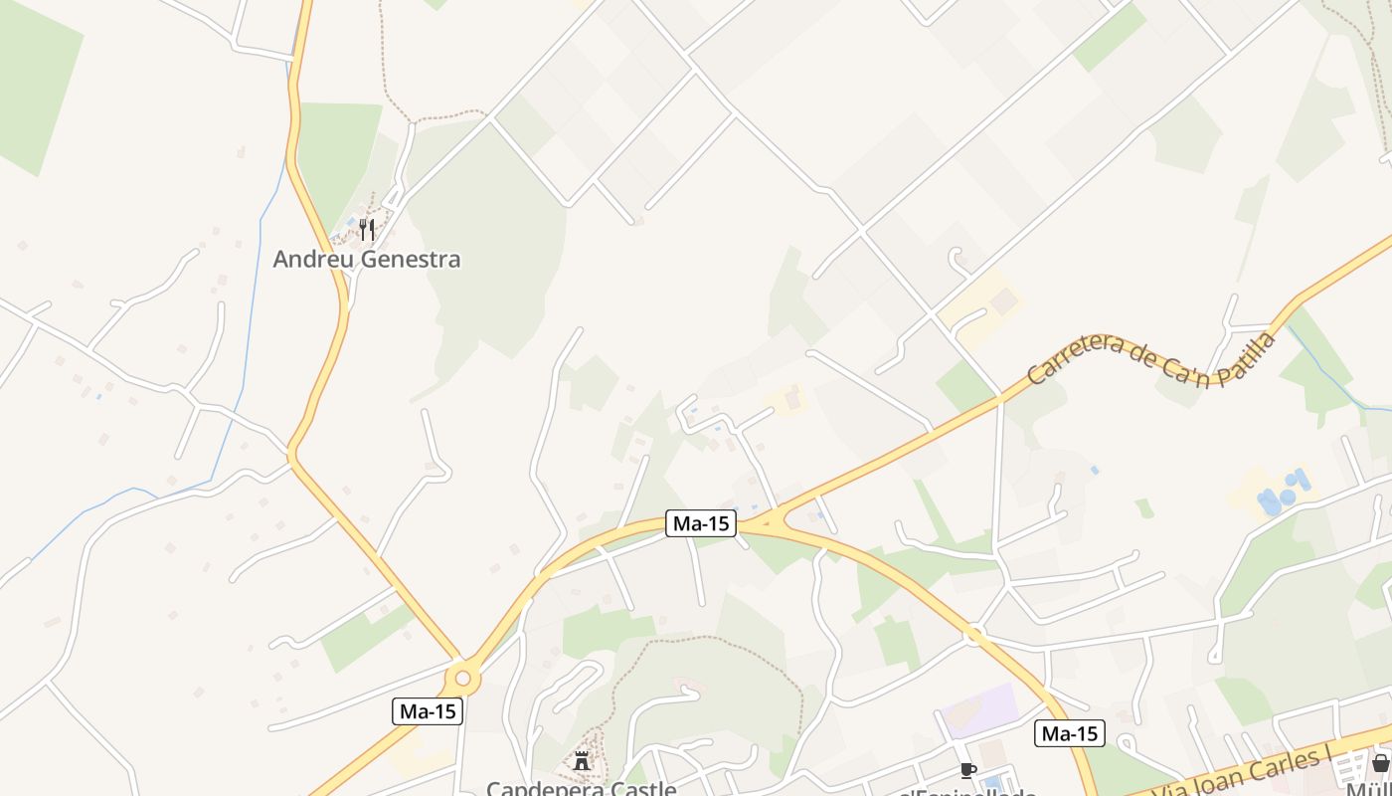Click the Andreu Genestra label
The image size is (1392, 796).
(367, 260)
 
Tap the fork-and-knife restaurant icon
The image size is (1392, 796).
(367, 231)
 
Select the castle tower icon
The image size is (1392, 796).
(582, 761)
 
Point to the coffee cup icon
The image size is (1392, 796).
(967, 769)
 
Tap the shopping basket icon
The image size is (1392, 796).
(1380, 763)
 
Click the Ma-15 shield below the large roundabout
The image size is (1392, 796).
(429, 710)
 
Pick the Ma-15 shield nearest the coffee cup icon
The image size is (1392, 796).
(1069, 733)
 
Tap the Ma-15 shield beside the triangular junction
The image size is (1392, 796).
(701, 523)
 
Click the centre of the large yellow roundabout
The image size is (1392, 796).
(462, 680)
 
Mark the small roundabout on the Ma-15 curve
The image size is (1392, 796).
(973, 633)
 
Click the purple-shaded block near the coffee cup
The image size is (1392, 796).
(979, 710)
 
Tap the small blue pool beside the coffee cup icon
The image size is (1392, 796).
(992, 782)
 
